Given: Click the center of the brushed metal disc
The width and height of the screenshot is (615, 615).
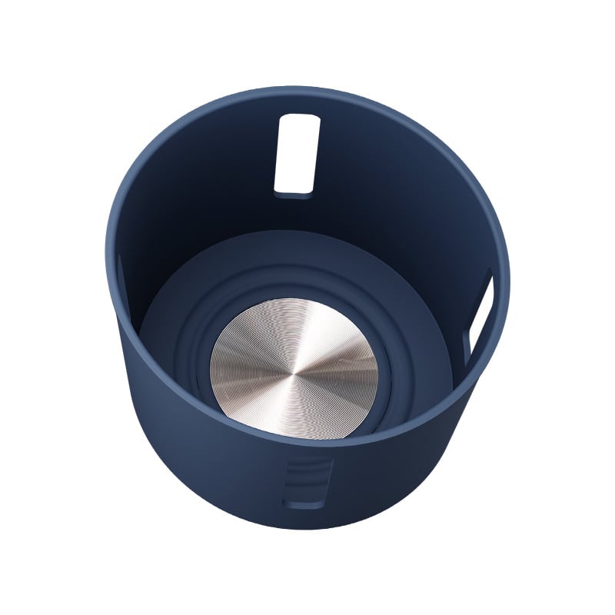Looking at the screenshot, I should pos(294,367).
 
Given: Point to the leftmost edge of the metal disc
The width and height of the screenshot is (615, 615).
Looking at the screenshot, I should pos(211,367).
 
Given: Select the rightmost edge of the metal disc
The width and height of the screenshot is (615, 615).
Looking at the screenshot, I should pos(378,367).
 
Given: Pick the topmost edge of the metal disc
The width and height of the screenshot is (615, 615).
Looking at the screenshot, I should pos(295,299).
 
